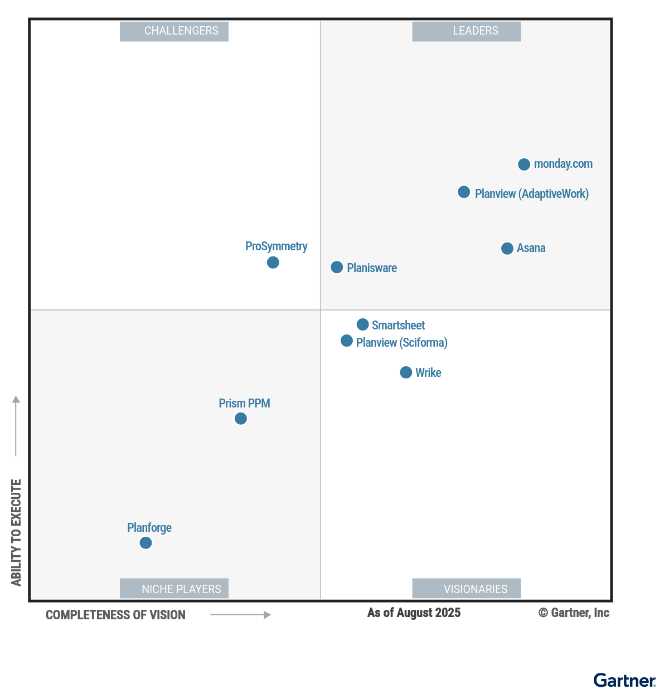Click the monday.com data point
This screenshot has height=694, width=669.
tap(524, 164)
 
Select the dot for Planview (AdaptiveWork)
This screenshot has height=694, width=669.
tap(464, 192)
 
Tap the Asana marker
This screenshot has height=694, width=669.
tap(507, 249)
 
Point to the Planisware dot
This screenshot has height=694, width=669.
tap(337, 268)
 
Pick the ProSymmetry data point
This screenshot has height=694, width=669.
tap(273, 263)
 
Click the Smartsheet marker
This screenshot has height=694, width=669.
tap(362, 324)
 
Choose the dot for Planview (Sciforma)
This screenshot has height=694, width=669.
tap(347, 341)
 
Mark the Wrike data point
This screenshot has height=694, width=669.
tap(406, 372)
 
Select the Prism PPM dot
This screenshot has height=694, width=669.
tap(241, 419)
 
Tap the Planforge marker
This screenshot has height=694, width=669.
tap(146, 543)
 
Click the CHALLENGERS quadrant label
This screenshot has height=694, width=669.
tap(174, 31)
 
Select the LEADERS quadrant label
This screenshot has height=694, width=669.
tap(467, 31)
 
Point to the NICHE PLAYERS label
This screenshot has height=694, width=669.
tap(174, 589)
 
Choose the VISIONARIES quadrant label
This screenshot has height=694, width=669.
tap(467, 589)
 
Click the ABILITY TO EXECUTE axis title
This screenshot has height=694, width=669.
tap(16, 532)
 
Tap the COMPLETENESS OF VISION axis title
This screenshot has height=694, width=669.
tap(115, 615)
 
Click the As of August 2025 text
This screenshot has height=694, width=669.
tap(414, 613)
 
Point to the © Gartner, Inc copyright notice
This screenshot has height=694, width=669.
tap(574, 613)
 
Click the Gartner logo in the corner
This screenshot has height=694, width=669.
tap(624, 681)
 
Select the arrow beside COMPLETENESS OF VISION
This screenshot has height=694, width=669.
tap(240, 615)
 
